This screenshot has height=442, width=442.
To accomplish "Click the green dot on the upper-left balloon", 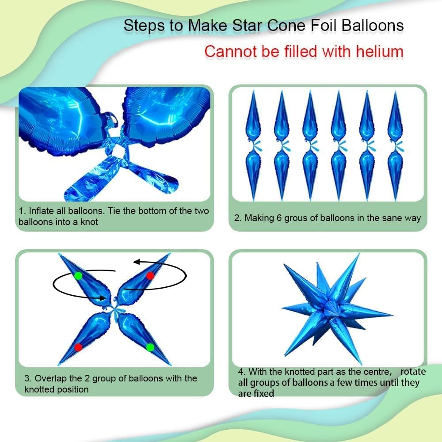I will point(78,276).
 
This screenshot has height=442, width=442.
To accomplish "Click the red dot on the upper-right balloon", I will point(150,276).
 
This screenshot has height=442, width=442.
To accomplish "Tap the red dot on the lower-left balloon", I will point(78,347).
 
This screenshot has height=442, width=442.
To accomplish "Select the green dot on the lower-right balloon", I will point(150,347).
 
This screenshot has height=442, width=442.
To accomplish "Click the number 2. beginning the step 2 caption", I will point(238,218).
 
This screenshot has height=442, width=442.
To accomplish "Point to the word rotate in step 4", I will point(414,372).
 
